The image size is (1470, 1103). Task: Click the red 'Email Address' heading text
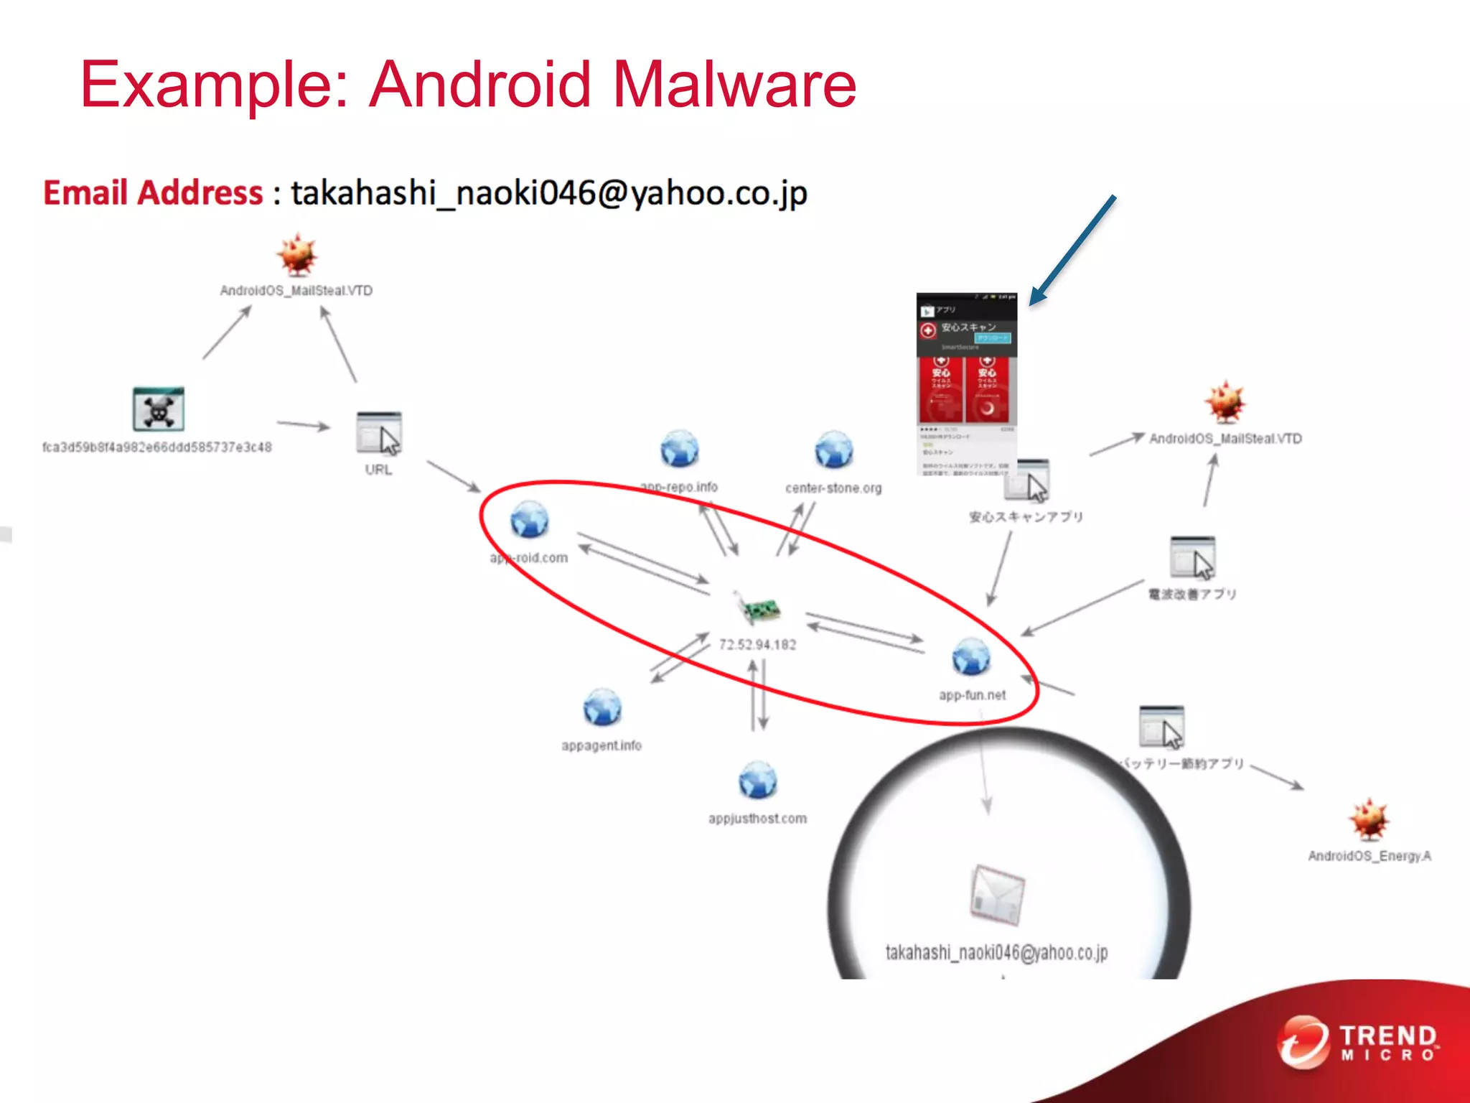pos(153,193)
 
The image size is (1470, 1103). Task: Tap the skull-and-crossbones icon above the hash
pos(159,409)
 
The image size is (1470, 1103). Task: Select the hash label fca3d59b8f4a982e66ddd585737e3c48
pos(157,447)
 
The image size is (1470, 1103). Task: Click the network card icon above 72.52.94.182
pos(758,609)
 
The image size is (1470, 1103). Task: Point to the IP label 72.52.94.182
pos(757,645)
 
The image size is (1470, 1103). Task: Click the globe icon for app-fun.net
pos(971,656)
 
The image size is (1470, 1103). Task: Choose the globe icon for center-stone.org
pos(833,450)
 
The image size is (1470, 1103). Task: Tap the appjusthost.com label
pos(757,819)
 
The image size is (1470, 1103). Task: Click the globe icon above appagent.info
pos(602,707)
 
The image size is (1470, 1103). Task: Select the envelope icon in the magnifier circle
pos(996,895)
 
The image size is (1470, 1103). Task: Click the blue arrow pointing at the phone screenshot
pos(1073,250)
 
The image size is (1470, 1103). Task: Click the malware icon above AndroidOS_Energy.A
pos(1369,819)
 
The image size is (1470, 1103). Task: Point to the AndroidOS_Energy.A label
pos(1369,856)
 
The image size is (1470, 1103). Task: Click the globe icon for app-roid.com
pos(530,520)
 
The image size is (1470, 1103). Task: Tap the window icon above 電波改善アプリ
pos(1192,557)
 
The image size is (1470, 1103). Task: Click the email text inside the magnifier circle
pos(996,953)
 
